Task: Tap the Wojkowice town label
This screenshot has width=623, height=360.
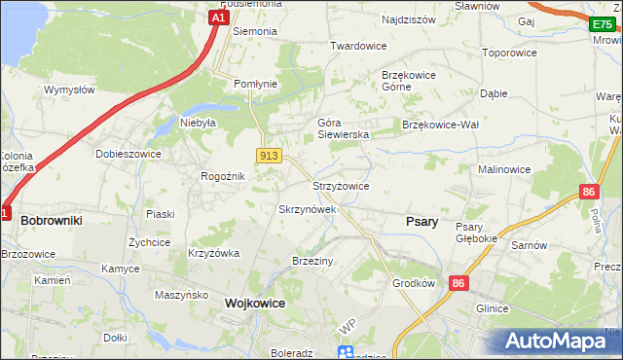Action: (255, 303)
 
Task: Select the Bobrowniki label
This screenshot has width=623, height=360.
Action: (51, 221)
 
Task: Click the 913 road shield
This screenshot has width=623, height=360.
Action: (270, 156)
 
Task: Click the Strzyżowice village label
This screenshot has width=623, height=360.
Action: (340, 186)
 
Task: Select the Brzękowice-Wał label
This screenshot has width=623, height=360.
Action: (441, 125)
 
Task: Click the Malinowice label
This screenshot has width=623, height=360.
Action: (502, 169)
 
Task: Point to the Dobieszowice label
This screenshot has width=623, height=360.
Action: (128, 154)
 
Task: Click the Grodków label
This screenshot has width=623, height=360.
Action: (413, 285)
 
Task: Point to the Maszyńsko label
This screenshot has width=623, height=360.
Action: (182, 294)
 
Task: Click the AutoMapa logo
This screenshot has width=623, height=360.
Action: (556, 342)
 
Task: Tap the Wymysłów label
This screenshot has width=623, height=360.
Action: (69, 90)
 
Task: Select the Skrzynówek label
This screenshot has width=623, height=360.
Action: (308, 209)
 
